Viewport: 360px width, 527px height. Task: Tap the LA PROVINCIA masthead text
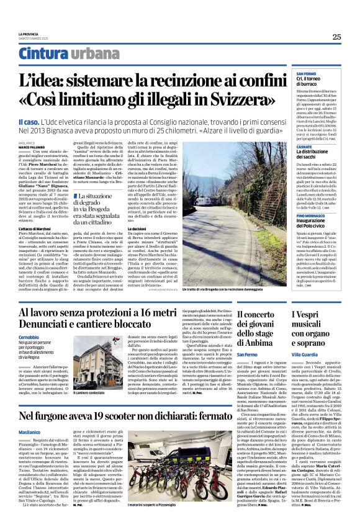29,33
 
